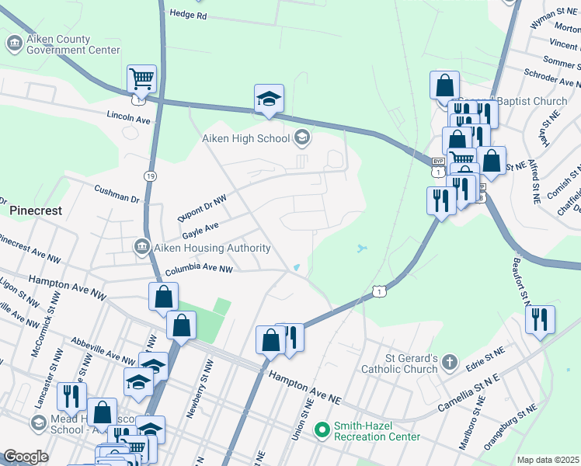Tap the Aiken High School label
pos(246,139)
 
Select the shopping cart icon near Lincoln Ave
pos(141,78)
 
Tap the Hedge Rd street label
pos(188,15)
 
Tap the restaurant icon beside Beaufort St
pos(540,319)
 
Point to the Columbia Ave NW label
pos(198,270)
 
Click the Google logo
pos(26,457)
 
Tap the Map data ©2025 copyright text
pos(548,460)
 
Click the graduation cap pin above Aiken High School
pos(269,99)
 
